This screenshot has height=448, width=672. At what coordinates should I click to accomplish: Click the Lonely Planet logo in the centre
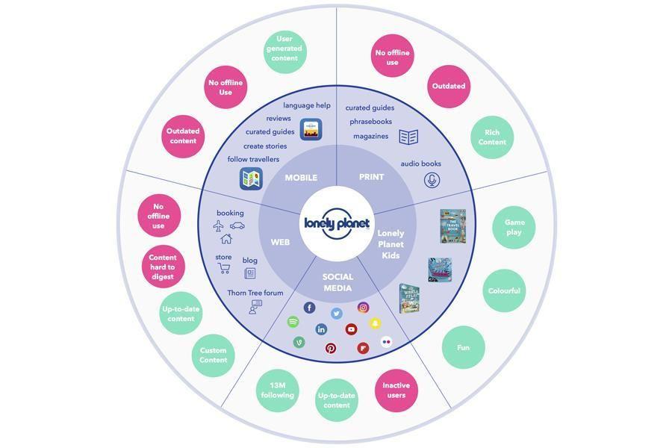(336, 223)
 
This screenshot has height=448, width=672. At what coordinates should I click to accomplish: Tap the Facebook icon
(309, 308)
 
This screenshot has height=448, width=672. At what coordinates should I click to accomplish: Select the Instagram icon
(363, 308)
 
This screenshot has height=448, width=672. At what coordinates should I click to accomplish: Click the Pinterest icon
(330, 348)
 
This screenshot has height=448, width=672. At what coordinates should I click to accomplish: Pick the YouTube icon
(351, 329)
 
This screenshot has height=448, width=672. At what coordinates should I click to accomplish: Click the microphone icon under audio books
(432, 180)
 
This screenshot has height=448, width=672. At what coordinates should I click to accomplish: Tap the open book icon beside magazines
(408, 137)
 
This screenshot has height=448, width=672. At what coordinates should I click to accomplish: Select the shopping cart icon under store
(223, 269)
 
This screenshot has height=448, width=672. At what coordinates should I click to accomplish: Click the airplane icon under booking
(218, 225)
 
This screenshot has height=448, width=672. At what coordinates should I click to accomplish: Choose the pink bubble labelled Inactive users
(396, 391)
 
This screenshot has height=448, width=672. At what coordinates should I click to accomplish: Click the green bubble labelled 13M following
(277, 391)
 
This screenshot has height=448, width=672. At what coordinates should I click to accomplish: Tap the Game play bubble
(514, 227)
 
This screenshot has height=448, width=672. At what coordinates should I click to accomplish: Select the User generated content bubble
(284, 49)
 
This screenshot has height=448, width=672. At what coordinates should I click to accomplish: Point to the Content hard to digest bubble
(162, 267)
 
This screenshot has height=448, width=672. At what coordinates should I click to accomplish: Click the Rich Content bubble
(492, 137)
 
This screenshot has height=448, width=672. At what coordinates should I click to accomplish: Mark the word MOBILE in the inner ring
(301, 178)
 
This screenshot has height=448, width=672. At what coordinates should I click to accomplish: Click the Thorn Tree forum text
(255, 293)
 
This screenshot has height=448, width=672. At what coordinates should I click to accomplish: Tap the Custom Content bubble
(213, 355)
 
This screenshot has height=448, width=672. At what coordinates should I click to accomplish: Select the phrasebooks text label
(370, 122)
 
